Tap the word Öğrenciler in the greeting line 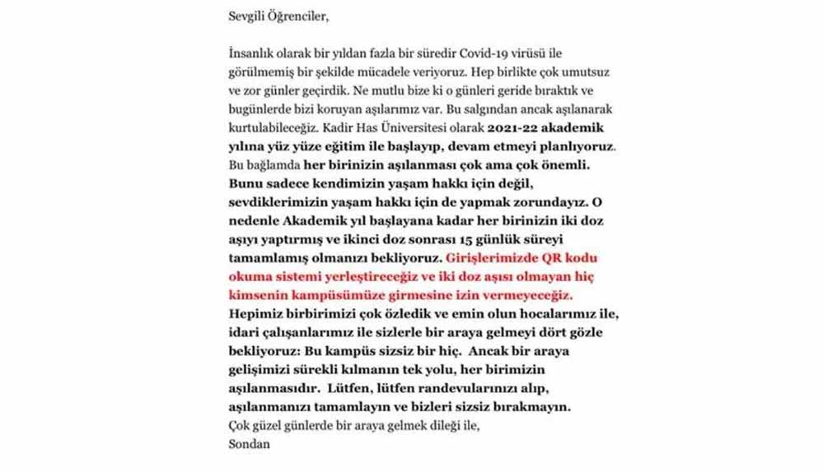(300, 16)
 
